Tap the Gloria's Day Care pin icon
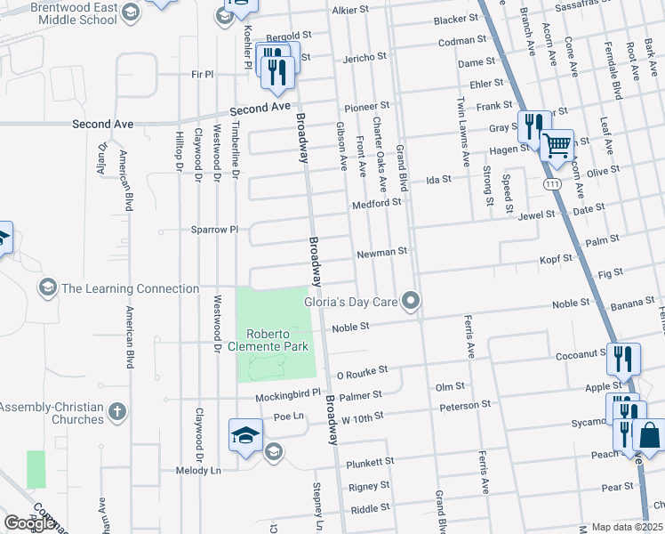pyautogui.click(x=411, y=302)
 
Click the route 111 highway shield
pyautogui.click(x=553, y=182)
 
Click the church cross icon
pyautogui.click(x=117, y=412)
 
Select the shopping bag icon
pyautogui.click(x=650, y=436)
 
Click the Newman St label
pyautogui.click(x=381, y=253)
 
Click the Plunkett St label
pyautogui.click(x=371, y=462)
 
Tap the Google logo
pyautogui.click(x=29, y=523)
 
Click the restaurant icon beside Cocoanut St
pyautogui.click(x=622, y=359)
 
